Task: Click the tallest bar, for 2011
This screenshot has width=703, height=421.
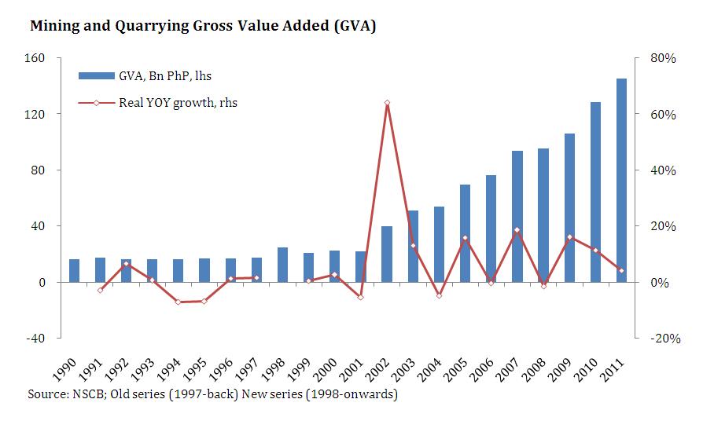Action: point(621,180)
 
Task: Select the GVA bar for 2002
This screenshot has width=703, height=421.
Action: point(387,254)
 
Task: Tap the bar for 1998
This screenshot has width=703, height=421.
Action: point(282,265)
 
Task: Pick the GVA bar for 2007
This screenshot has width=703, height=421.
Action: point(517,216)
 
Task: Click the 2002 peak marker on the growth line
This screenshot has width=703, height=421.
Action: point(387,103)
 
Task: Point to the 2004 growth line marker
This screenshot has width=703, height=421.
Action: point(439,295)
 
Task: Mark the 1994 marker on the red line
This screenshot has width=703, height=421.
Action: point(179,302)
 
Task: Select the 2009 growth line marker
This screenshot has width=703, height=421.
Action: point(569,237)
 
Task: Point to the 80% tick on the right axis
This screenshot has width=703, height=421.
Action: point(657,58)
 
